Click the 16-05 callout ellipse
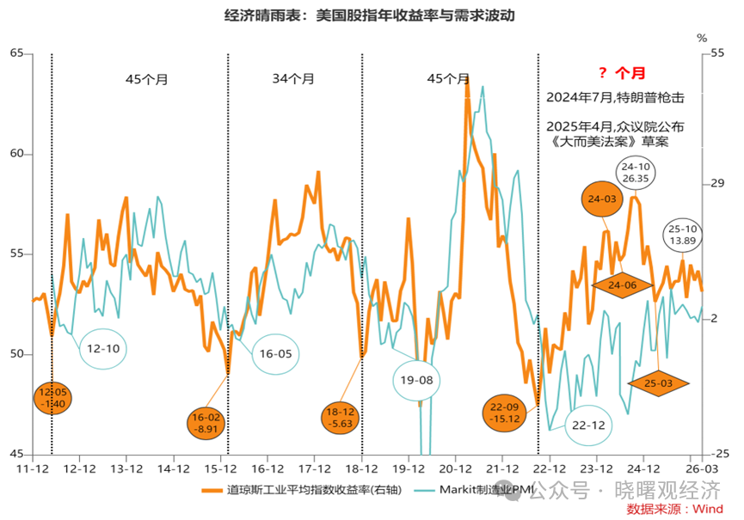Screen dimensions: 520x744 pyautogui.click(x=276, y=353)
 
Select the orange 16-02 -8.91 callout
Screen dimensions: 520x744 pyautogui.click(x=209, y=422)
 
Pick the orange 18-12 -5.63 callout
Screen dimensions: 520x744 pyautogui.click(x=342, y=418)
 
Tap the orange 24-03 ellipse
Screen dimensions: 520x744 pyautogui.click(x=605, y=199)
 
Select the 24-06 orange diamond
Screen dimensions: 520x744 pyautogui.click(x=622, y=284)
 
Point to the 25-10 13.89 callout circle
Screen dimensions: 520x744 pyautogui.click(x=684, y=236)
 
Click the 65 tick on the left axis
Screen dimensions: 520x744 pyautogui.click(x=16, y=53)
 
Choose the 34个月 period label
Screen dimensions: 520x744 pyautogui.click(x=293, y=78)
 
